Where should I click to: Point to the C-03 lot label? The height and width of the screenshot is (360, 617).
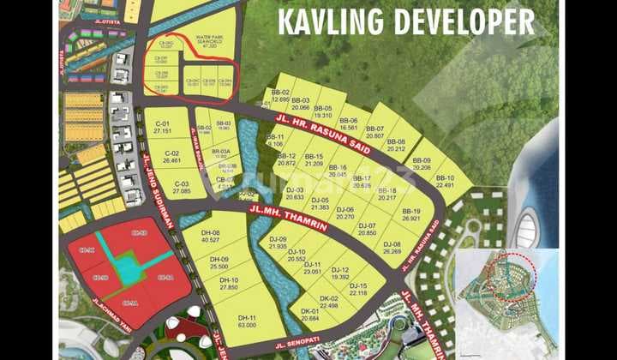coord(181,183)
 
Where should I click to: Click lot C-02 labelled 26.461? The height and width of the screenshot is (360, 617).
coord(171,155)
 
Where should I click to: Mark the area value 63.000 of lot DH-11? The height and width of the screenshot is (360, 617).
coord(247,325)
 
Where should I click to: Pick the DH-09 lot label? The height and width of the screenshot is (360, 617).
coord(219,259)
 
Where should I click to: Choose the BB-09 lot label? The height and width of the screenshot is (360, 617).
coord(422,160)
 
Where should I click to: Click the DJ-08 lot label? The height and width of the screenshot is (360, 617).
coord(392,244)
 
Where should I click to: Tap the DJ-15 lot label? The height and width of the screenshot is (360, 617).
coord(358,285)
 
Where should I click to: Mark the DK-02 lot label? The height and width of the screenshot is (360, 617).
coord(329,298)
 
